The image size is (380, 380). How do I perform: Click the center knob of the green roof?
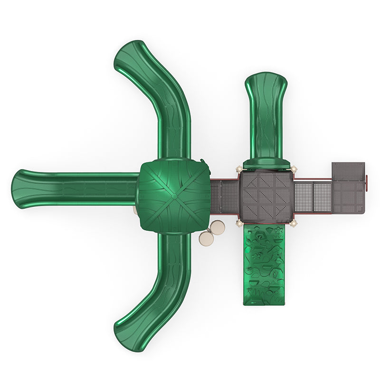[x=174, y=196]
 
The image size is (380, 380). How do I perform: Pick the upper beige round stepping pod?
[x=218, y=227]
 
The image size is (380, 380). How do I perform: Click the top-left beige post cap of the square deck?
[x=238, y=169]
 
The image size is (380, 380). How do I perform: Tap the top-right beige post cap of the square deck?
[x=294, y=169]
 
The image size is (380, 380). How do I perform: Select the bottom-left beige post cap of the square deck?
[x=238, y=223]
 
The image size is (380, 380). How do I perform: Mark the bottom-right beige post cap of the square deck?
[x=294, y=223]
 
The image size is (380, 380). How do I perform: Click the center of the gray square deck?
[x=266, y=196]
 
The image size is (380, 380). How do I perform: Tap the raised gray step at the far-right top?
[x=348, y=170]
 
